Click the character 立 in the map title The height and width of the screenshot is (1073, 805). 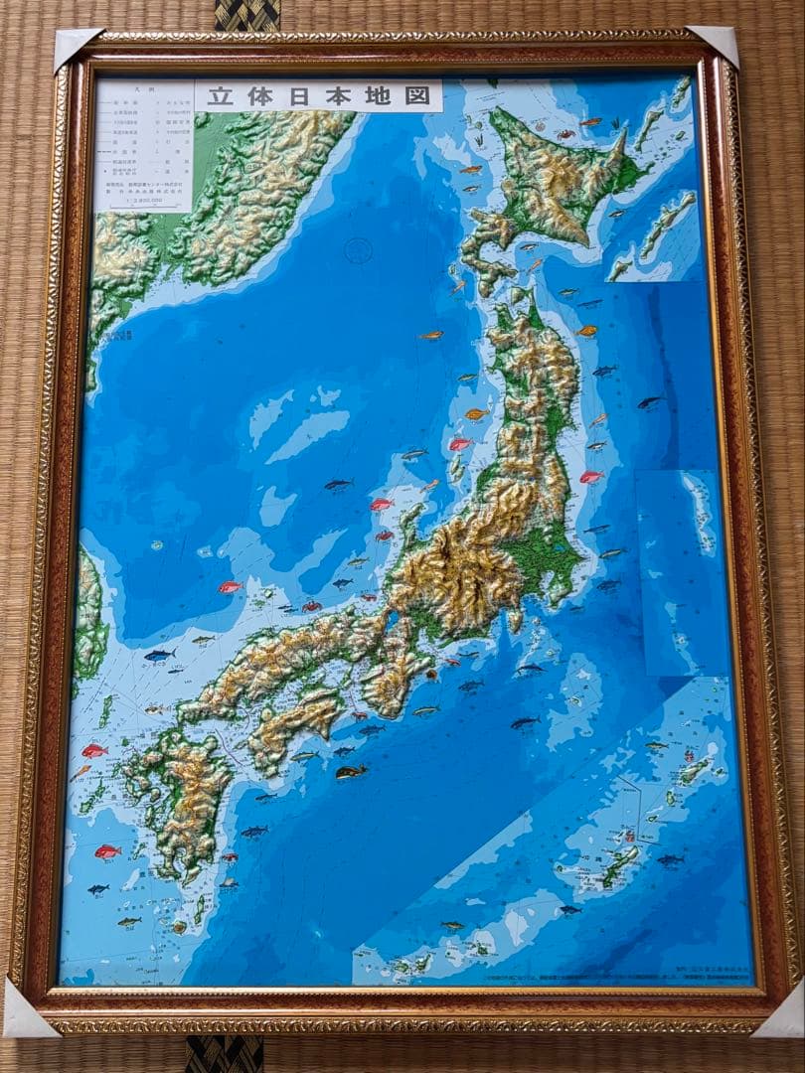point(219,96)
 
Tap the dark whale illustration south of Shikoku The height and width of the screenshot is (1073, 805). point(350,771)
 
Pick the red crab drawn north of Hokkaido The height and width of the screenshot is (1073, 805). point(565,133)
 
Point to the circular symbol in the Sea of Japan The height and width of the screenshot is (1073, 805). point(357,250)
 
